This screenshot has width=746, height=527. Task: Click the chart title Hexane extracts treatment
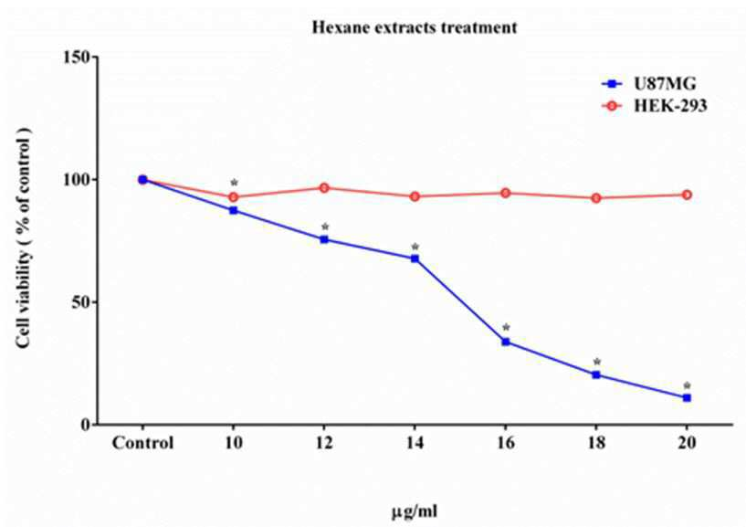click(x=415, y=27)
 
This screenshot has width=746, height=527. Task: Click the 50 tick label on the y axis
click(x=81, y=302)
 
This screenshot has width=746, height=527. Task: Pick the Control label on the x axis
click(x=142, y=443)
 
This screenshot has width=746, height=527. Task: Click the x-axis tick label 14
click(x=415, y=443)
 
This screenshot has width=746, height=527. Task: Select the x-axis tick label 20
click(x=687, y=443)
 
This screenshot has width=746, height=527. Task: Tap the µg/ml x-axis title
click(x=415, y=511)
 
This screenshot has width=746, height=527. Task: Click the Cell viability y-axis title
click(x=24, y=238)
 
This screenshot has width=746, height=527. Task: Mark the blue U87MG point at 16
click(x=506, y=342)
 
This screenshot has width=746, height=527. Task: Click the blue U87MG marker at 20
click(x=687, y=397)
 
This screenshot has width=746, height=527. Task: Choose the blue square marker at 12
click(x=324, y=239)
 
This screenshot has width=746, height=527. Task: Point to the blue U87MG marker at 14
click(x=415, y=258)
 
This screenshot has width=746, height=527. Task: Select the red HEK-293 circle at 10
click(x=233, y=197)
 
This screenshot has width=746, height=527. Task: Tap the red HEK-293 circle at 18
click(x=596, y=198)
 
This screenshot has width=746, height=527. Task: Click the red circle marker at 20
click(x=687, y=195)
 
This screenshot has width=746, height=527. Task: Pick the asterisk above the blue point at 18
click(x=597, y=362)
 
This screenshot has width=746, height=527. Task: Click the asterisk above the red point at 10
click(x=234, y=183)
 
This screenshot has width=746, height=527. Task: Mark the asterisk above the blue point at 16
click(x=506, y=328)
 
